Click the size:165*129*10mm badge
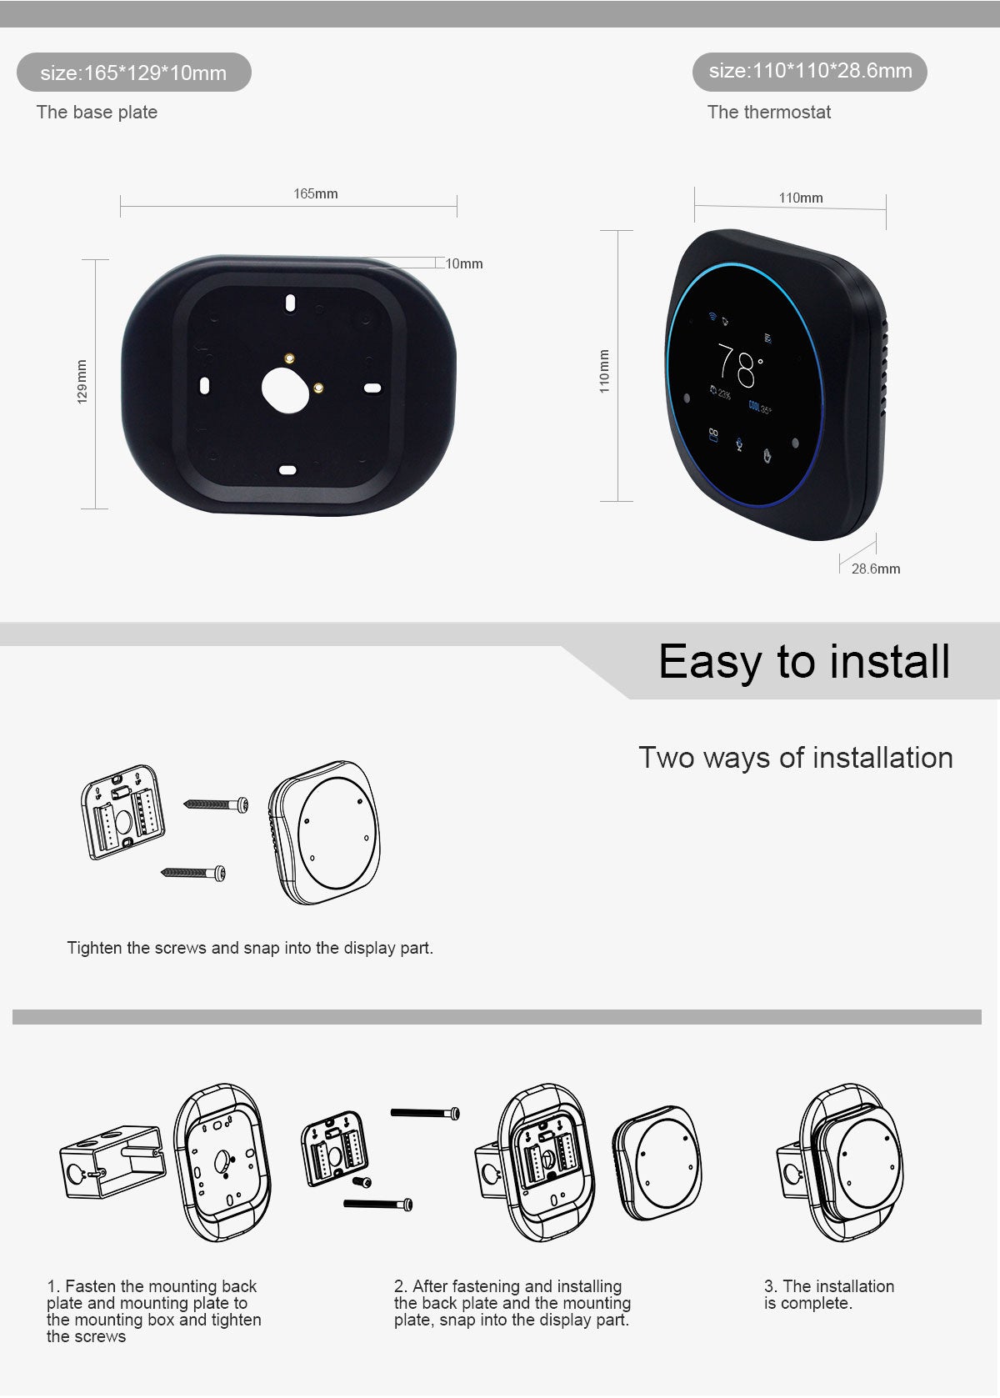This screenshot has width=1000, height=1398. click(133, 73)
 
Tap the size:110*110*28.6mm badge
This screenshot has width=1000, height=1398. click(810, 71)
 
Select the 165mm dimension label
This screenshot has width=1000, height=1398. click(316, 193)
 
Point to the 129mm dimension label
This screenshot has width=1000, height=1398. click(82, 382)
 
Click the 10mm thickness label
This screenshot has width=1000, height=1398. click(464, 263)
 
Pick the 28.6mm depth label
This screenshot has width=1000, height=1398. click(875, 569)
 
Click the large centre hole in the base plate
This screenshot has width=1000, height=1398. click(286, 389)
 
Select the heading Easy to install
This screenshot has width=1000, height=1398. click(803, 662)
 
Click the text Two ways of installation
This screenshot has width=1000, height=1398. click(795, 758)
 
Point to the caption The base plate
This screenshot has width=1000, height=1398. click(97, 112)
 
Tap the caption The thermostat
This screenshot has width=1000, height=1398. click(768, 112)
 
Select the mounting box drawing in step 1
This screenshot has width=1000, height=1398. click(112, 1161)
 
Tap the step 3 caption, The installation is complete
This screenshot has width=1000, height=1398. click(828, 1295)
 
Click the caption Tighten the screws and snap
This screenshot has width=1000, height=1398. click(250, 948)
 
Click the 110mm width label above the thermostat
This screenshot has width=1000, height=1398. click(800, 198)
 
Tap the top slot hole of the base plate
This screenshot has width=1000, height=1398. click(289, 303)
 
